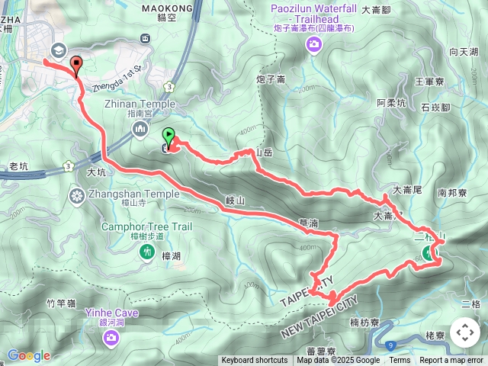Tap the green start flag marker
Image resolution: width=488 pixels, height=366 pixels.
click(169, 136)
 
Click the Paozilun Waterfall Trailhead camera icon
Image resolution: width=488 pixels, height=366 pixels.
click(313, 45)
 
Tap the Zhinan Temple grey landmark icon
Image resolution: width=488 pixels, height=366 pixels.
click(140, 130)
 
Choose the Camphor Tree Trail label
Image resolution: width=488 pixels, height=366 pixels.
click(137, 225)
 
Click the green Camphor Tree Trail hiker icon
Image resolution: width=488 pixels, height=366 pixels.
click(147, 252)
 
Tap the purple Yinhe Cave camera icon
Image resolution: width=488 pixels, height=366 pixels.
click(112, 337)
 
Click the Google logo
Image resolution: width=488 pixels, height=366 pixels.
click(28, 355)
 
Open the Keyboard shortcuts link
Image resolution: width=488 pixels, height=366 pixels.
click(255, 361)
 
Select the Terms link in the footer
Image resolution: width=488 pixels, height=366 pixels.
click(400, 361)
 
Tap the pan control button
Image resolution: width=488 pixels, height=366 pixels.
click(464, 332)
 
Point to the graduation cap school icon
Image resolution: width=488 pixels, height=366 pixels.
click(58, 50)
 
